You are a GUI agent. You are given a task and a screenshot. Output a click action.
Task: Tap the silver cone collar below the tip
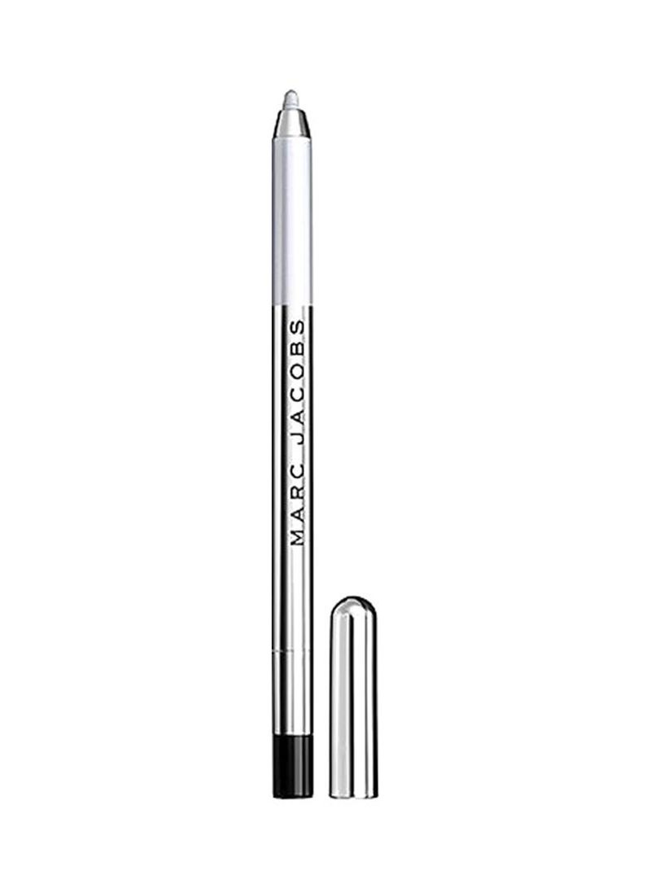coord(291,125)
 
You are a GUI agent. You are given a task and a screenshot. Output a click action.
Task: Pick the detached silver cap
coord(354,696)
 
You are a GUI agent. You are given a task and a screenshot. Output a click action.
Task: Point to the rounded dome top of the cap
coord(354,609)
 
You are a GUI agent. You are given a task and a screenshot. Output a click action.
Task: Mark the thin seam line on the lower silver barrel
coord(292,652)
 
